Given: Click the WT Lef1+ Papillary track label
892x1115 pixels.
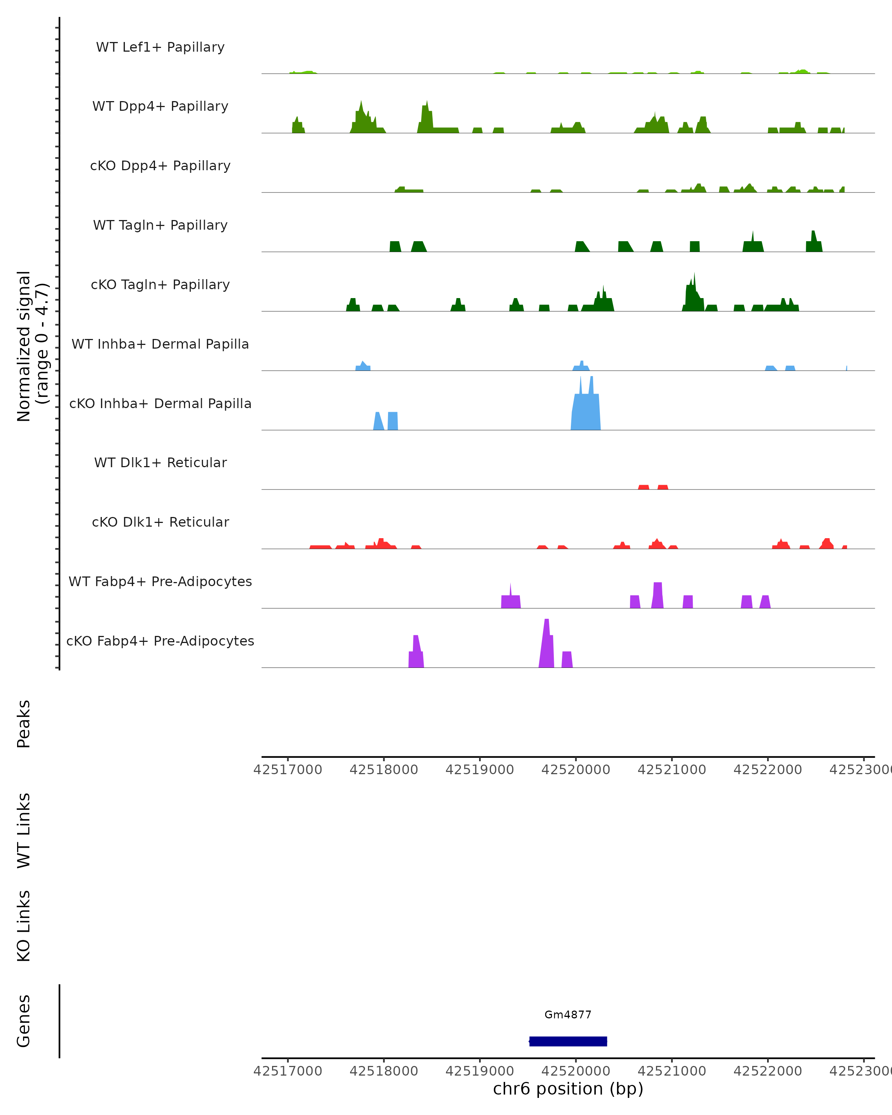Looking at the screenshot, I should pos(160,47).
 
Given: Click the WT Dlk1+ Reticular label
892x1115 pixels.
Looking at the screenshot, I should pos(160,462).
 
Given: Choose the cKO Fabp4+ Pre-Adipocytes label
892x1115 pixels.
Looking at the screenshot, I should pos(160,641).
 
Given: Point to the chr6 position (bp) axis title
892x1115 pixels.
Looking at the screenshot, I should pos(568,1089).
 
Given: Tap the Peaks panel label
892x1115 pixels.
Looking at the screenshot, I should pos(24,724).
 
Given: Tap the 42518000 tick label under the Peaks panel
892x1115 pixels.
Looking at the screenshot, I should pos(384,770).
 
